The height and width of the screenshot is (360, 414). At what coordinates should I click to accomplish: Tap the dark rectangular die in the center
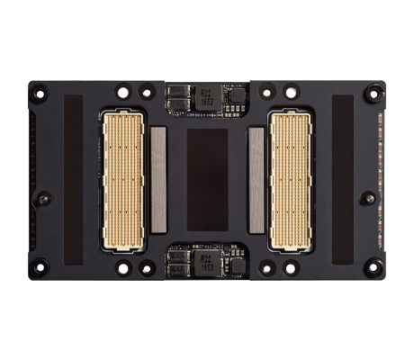click(206, 179)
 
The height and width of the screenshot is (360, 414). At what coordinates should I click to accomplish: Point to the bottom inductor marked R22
click(207, 264)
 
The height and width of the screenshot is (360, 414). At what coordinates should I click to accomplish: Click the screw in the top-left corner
click(39, 94)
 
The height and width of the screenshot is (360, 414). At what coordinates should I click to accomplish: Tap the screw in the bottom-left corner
click(39, 266)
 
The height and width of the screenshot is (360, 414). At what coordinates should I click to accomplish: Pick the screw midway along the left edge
click(43, 198)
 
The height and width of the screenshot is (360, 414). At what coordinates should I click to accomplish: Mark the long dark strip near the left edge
click(73, 179)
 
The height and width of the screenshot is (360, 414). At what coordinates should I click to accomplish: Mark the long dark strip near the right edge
click(343, 179)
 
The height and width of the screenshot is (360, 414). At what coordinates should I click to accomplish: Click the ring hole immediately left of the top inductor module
click(146, 92)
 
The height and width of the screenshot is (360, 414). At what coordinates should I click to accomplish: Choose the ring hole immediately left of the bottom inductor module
click(146, 267)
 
